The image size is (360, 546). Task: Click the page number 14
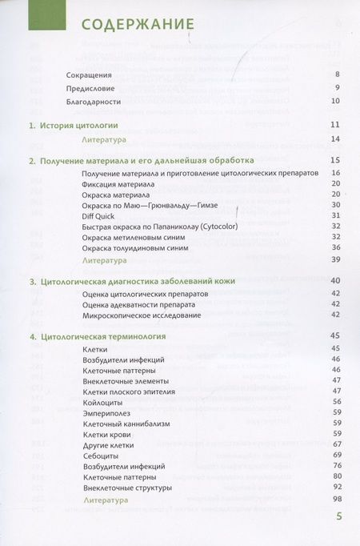[336, 139]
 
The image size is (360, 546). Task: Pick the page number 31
[336, 215]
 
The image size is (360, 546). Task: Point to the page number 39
[336, 260]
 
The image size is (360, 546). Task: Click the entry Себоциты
[100, 456]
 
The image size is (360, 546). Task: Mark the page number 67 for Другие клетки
[337, 444]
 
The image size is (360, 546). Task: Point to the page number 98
[337, 500]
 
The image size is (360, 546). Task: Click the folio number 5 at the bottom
[339, 516]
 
